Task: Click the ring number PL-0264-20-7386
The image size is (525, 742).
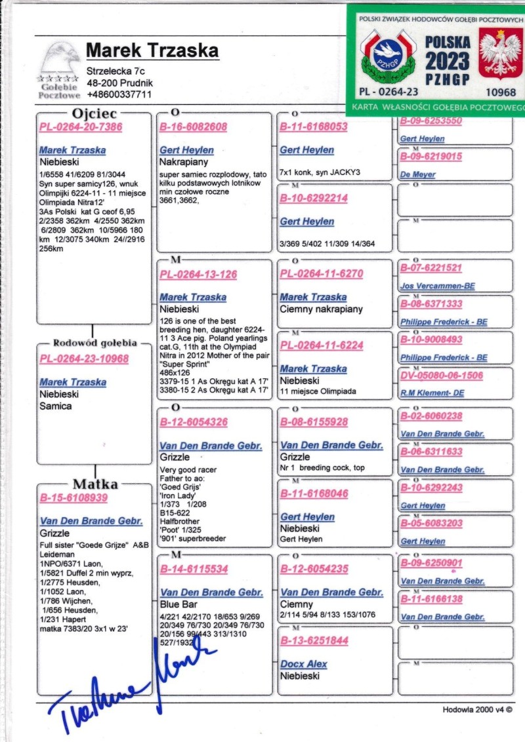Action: (81, 127)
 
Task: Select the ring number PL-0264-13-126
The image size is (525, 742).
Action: (199, 275)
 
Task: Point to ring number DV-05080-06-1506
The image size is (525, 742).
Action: (442, 376)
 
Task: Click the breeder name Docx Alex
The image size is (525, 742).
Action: (303, 664)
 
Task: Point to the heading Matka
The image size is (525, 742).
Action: (95, 484)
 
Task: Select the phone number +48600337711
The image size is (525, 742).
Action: (119, 94)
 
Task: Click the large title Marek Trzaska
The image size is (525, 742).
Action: (152, 51)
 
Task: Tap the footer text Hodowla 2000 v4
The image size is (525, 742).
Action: (476, 709)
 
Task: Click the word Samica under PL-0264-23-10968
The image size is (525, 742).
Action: (56, 406)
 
